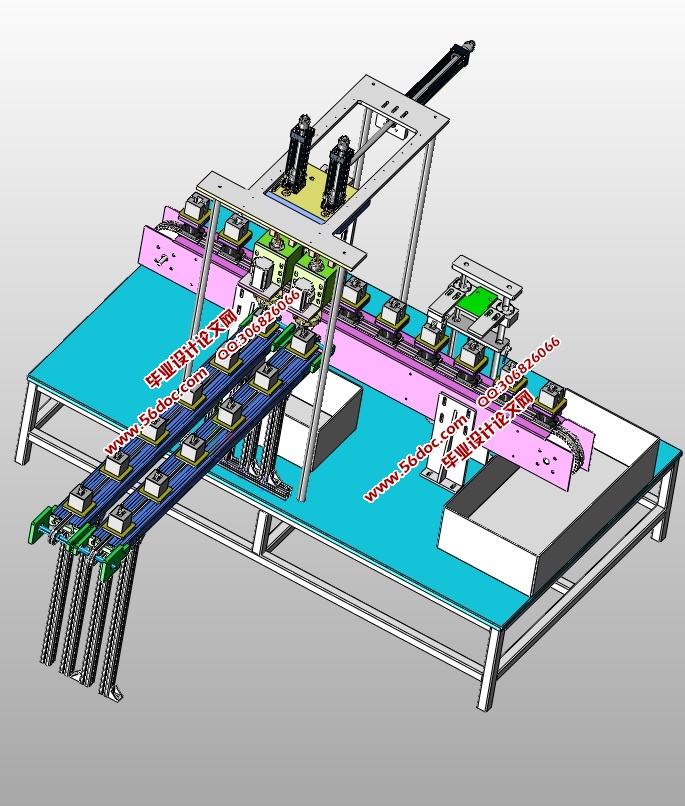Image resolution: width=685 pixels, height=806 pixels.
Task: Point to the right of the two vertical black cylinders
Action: pyautogui.click(x=340, y=166)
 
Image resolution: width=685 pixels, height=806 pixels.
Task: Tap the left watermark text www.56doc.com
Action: pyautogui.click(x=145, y=415)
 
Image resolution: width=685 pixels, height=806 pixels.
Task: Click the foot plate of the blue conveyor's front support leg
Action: pyautogui.click(x=114, y=693)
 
